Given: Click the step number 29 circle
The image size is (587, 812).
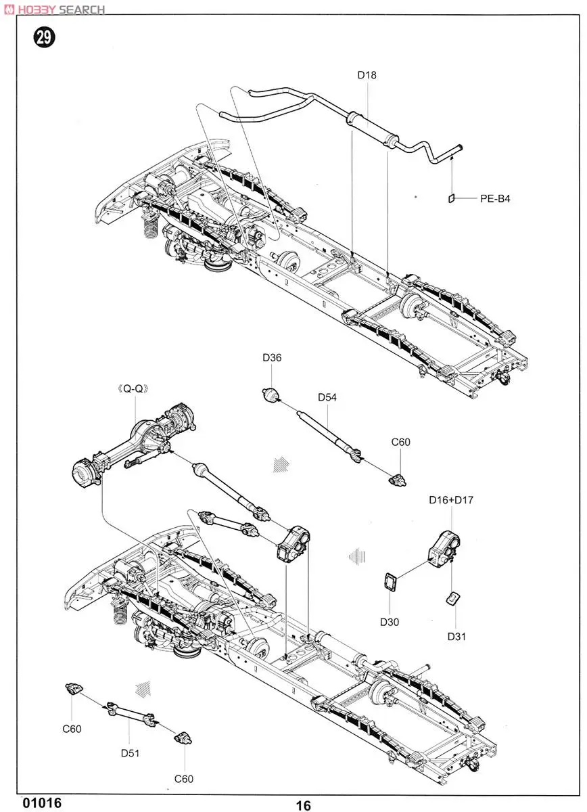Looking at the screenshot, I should (43, 38).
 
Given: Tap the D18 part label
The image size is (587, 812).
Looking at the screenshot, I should (367, 75).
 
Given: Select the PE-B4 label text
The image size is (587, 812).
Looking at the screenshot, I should (495, 199).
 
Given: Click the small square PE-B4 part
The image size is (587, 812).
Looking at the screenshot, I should (451, 198).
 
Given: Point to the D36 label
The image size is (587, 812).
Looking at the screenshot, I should (272, 358).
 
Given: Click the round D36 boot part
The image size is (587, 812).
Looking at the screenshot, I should (271, 395).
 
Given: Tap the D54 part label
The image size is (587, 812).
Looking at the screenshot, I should (327, 397).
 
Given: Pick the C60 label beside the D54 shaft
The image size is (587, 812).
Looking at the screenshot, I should (401, 442).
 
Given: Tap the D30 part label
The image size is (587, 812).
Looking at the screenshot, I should (388, 621).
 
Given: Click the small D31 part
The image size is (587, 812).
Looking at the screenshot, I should (452, 598).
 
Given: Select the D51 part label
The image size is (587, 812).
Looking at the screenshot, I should (130, 753).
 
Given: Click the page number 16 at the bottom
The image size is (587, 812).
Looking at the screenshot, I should (303, 805).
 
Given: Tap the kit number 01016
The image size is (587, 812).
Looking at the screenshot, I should (42, 803).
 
